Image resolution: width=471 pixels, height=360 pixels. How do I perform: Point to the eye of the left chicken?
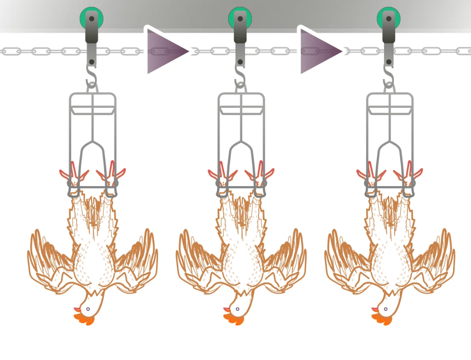tap(88, 309)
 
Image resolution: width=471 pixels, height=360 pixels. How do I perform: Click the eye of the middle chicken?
tap(237, 309)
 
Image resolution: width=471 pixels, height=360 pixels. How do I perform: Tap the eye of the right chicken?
tap(385, 309)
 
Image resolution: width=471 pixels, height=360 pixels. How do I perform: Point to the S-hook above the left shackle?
tap(92, 77)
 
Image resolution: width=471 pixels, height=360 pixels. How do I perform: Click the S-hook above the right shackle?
tap(389, 77)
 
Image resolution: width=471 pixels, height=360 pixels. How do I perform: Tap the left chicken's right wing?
tap(136, 260)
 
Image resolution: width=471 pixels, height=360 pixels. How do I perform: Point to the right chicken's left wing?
tap(347, 260)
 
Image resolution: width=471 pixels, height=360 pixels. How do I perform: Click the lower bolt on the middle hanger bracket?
tap(240, 62)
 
